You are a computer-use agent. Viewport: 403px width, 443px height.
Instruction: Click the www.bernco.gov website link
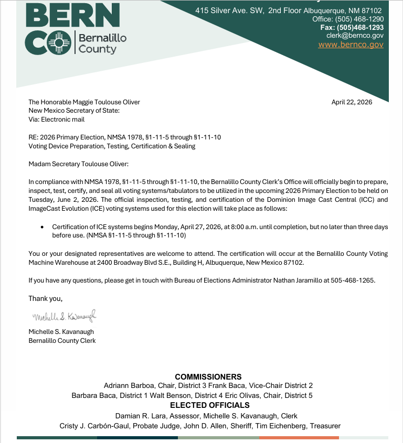[351, 45]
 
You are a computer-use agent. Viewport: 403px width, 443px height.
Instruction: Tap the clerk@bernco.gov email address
[355, 35]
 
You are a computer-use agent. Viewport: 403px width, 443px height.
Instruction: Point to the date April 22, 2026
[352, 102]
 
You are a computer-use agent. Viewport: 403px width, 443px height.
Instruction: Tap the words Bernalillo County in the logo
[102, 44]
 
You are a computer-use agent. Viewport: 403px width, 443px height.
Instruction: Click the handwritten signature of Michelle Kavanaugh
[65, 317]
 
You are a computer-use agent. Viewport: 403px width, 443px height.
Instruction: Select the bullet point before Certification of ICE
[42, 226]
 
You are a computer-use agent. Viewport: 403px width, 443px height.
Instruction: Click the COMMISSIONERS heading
[208, 376]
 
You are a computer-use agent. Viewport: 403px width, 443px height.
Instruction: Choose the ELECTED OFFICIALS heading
[210, 405]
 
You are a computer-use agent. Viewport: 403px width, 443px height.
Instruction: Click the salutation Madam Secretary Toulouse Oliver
[78, 164]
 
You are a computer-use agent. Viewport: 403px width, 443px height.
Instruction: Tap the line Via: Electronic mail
[56, 119]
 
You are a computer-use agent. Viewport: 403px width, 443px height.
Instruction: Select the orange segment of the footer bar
[299, 438]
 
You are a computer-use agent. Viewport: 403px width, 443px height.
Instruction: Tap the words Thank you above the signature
[45, 298]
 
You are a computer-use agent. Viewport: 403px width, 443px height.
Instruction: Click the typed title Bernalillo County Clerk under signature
[62, 341]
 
